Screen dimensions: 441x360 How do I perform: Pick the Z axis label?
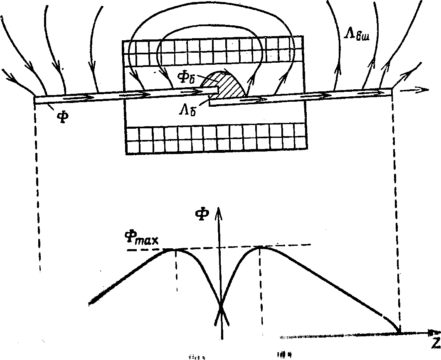tap(434, 343)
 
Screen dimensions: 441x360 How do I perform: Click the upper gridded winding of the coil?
tap(212, 51)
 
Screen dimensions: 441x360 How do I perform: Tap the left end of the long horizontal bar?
tap(35, 99)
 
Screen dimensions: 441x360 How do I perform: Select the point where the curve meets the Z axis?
tap(399, 332)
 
